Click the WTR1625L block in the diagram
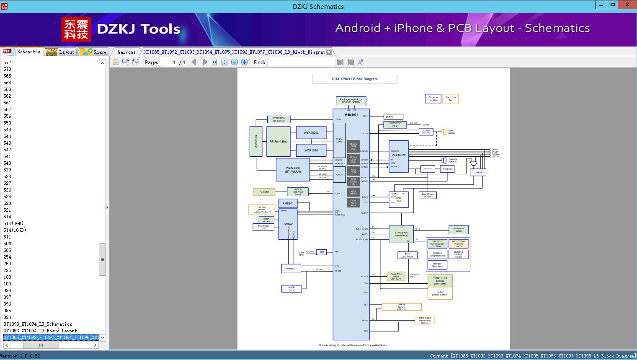tap(311, 133)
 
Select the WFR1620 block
tap(311, 150)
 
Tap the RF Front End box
tap(279, 142)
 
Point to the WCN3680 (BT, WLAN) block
tap(293, 170)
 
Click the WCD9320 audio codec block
tap(398, 156)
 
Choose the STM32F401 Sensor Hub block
tap(401, 234)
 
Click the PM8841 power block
tap(288, 204)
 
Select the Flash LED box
tap(264, 192)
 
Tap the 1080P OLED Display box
tap(440, 280)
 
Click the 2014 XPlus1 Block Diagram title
tap(354, 79)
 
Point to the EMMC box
tap(394, 117)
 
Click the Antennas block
tap(256, 142)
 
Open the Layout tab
tap(60, 52)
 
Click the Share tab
tap(94, 52)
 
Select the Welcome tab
tap(126, 52)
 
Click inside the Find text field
tap(301, 62)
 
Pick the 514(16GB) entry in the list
tap(15, 230)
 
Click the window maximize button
tap(612, 5)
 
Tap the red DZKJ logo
tap(76, 29)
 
